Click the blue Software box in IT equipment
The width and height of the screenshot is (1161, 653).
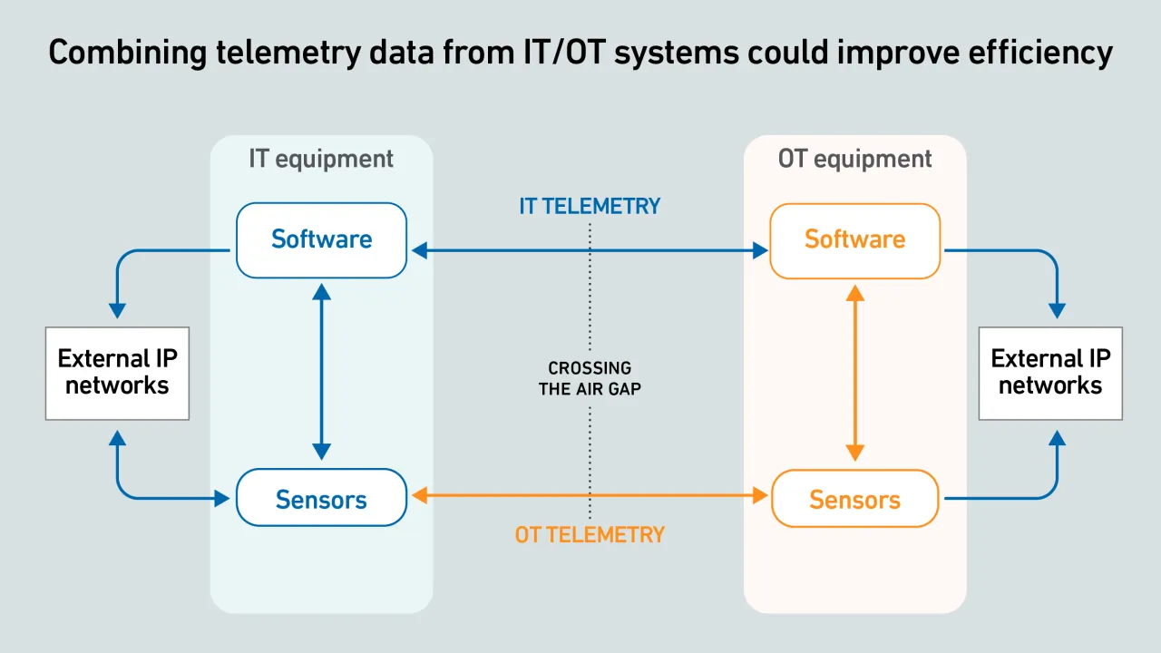pyautogui.click(x=321, y=240)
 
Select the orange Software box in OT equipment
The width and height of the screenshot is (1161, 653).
pyautogui.click(x=854, y=241)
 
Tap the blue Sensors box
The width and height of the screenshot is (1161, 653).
pyautogui.click(x=321, y=498)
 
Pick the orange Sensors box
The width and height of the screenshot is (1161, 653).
pyautogui.click(x=854, y=499)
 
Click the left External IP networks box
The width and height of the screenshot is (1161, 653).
pyautogui.click(x=117, y=373)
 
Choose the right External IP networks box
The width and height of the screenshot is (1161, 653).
pyautogui.click(x=1050, y=373)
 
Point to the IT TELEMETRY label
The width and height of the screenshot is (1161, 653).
pyautogui.click(x=590, y=206)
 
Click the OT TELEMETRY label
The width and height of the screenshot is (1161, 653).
pyautogui.click(x=590, y=535)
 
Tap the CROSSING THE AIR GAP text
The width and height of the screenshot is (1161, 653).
pyautogui.click(x=590, y=378)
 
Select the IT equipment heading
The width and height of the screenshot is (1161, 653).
pyautogui.click(x=321, y=159)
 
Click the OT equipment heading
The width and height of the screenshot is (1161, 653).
pyautogui.click(x=854, y=159)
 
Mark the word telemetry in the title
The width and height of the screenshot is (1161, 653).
pyautogui.click(x=288, y=53)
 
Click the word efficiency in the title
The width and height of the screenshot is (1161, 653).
pyautogui.click(x=1040, y=53)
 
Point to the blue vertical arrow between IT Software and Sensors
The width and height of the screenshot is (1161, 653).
pyautogui.click(x=321, y=372)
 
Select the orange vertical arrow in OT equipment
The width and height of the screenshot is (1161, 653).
pyautogui.click(x=854, y=373)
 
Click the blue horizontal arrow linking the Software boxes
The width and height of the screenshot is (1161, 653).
pyautogui.click(x=590, y=250)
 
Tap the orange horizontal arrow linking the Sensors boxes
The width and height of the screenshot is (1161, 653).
pyautogui.click(x=590, y=495)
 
